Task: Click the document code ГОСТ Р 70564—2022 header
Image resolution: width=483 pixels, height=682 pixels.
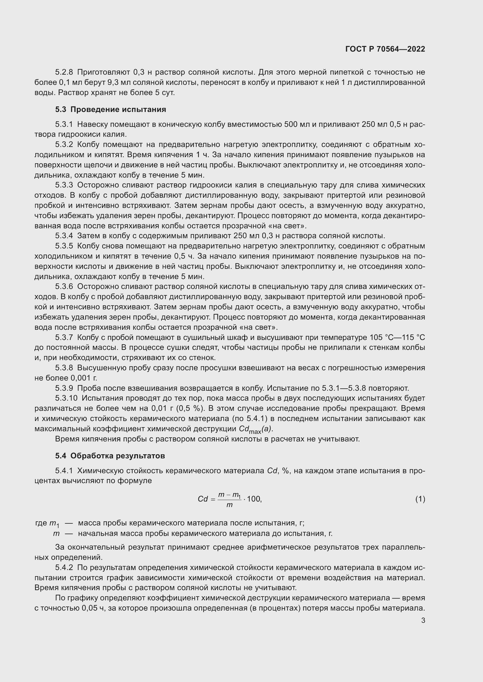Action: (385, 49)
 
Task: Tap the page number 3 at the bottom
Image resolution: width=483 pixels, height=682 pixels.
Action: (423, 620)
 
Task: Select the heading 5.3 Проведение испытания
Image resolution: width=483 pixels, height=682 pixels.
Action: (110, 110)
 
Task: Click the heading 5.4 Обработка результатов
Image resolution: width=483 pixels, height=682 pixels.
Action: (110, 456)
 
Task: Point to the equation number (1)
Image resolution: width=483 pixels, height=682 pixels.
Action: (420, 499)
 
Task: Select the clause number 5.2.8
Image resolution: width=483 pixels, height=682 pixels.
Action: (64, 72)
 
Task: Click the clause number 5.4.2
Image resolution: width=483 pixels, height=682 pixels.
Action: (64, 568)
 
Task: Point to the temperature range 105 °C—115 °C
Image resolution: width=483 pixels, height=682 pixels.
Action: (397, 338)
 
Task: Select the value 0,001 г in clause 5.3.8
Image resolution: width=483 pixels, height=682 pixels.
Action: (84, 378)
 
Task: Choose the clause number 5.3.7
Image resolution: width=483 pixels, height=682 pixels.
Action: (64, 338)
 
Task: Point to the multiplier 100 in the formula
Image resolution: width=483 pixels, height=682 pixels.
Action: (253, 499)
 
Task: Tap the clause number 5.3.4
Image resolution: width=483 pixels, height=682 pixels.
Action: (64, 236)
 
